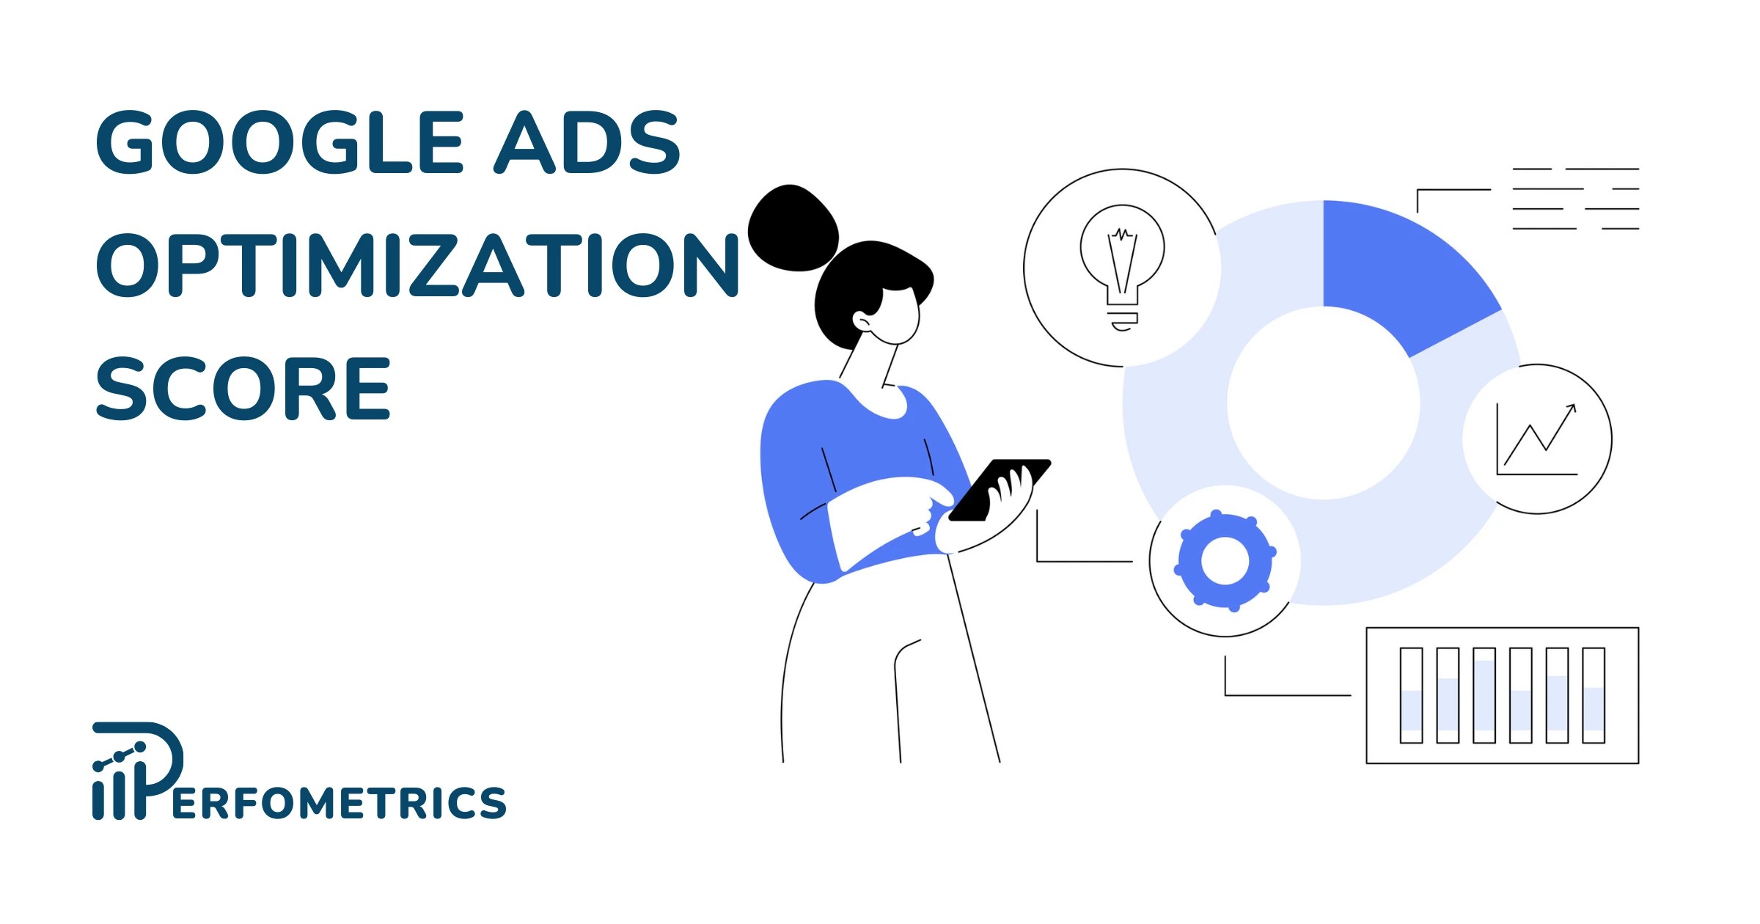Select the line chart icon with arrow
coord(1537,439)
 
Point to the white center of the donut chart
coord(1323,403)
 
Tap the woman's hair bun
coord(792,227)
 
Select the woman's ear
coord(861,320)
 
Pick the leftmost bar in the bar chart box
coord(1411,695)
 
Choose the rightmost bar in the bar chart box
coord(1594,695)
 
